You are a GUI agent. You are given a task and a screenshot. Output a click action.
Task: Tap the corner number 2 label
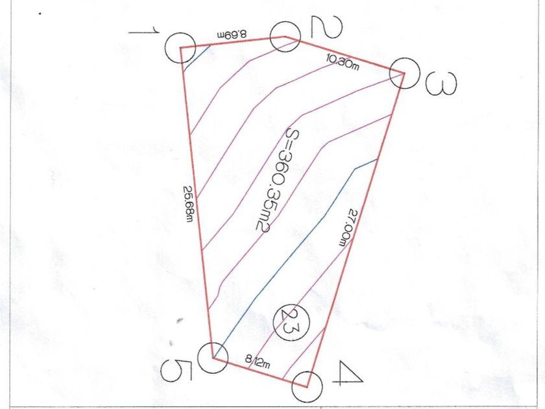321,27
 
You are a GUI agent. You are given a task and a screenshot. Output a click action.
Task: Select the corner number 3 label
441,83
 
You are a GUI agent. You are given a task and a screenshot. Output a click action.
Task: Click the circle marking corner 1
180,47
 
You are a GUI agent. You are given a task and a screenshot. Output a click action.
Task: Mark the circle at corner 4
307,388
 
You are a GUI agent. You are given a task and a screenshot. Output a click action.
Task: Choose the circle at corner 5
212,358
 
